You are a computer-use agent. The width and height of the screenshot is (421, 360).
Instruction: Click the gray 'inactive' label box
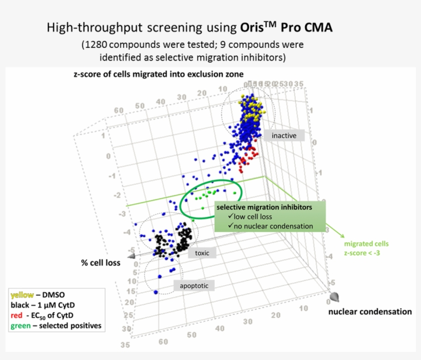click(x=284, y=136)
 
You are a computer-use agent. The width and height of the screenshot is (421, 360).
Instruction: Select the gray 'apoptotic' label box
click(x=194, y=286)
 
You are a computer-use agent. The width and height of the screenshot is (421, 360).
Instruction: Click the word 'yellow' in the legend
click(x=22, y=295)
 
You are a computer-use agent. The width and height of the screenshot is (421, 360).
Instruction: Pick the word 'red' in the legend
click(x=17, y=315)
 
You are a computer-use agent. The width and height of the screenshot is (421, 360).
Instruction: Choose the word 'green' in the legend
click(x=21, y=326)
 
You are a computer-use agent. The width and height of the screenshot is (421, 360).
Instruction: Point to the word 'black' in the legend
click(x=20, y=305)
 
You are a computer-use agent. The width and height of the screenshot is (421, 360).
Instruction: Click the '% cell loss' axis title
click(x=101, y=263)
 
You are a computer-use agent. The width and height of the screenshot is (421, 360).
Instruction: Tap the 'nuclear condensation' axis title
click(x=370, y=312)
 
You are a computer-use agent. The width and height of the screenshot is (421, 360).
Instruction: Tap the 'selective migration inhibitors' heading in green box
click(x=263, y=207)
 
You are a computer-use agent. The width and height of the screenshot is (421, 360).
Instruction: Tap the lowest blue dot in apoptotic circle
click(x=156, y=292)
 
